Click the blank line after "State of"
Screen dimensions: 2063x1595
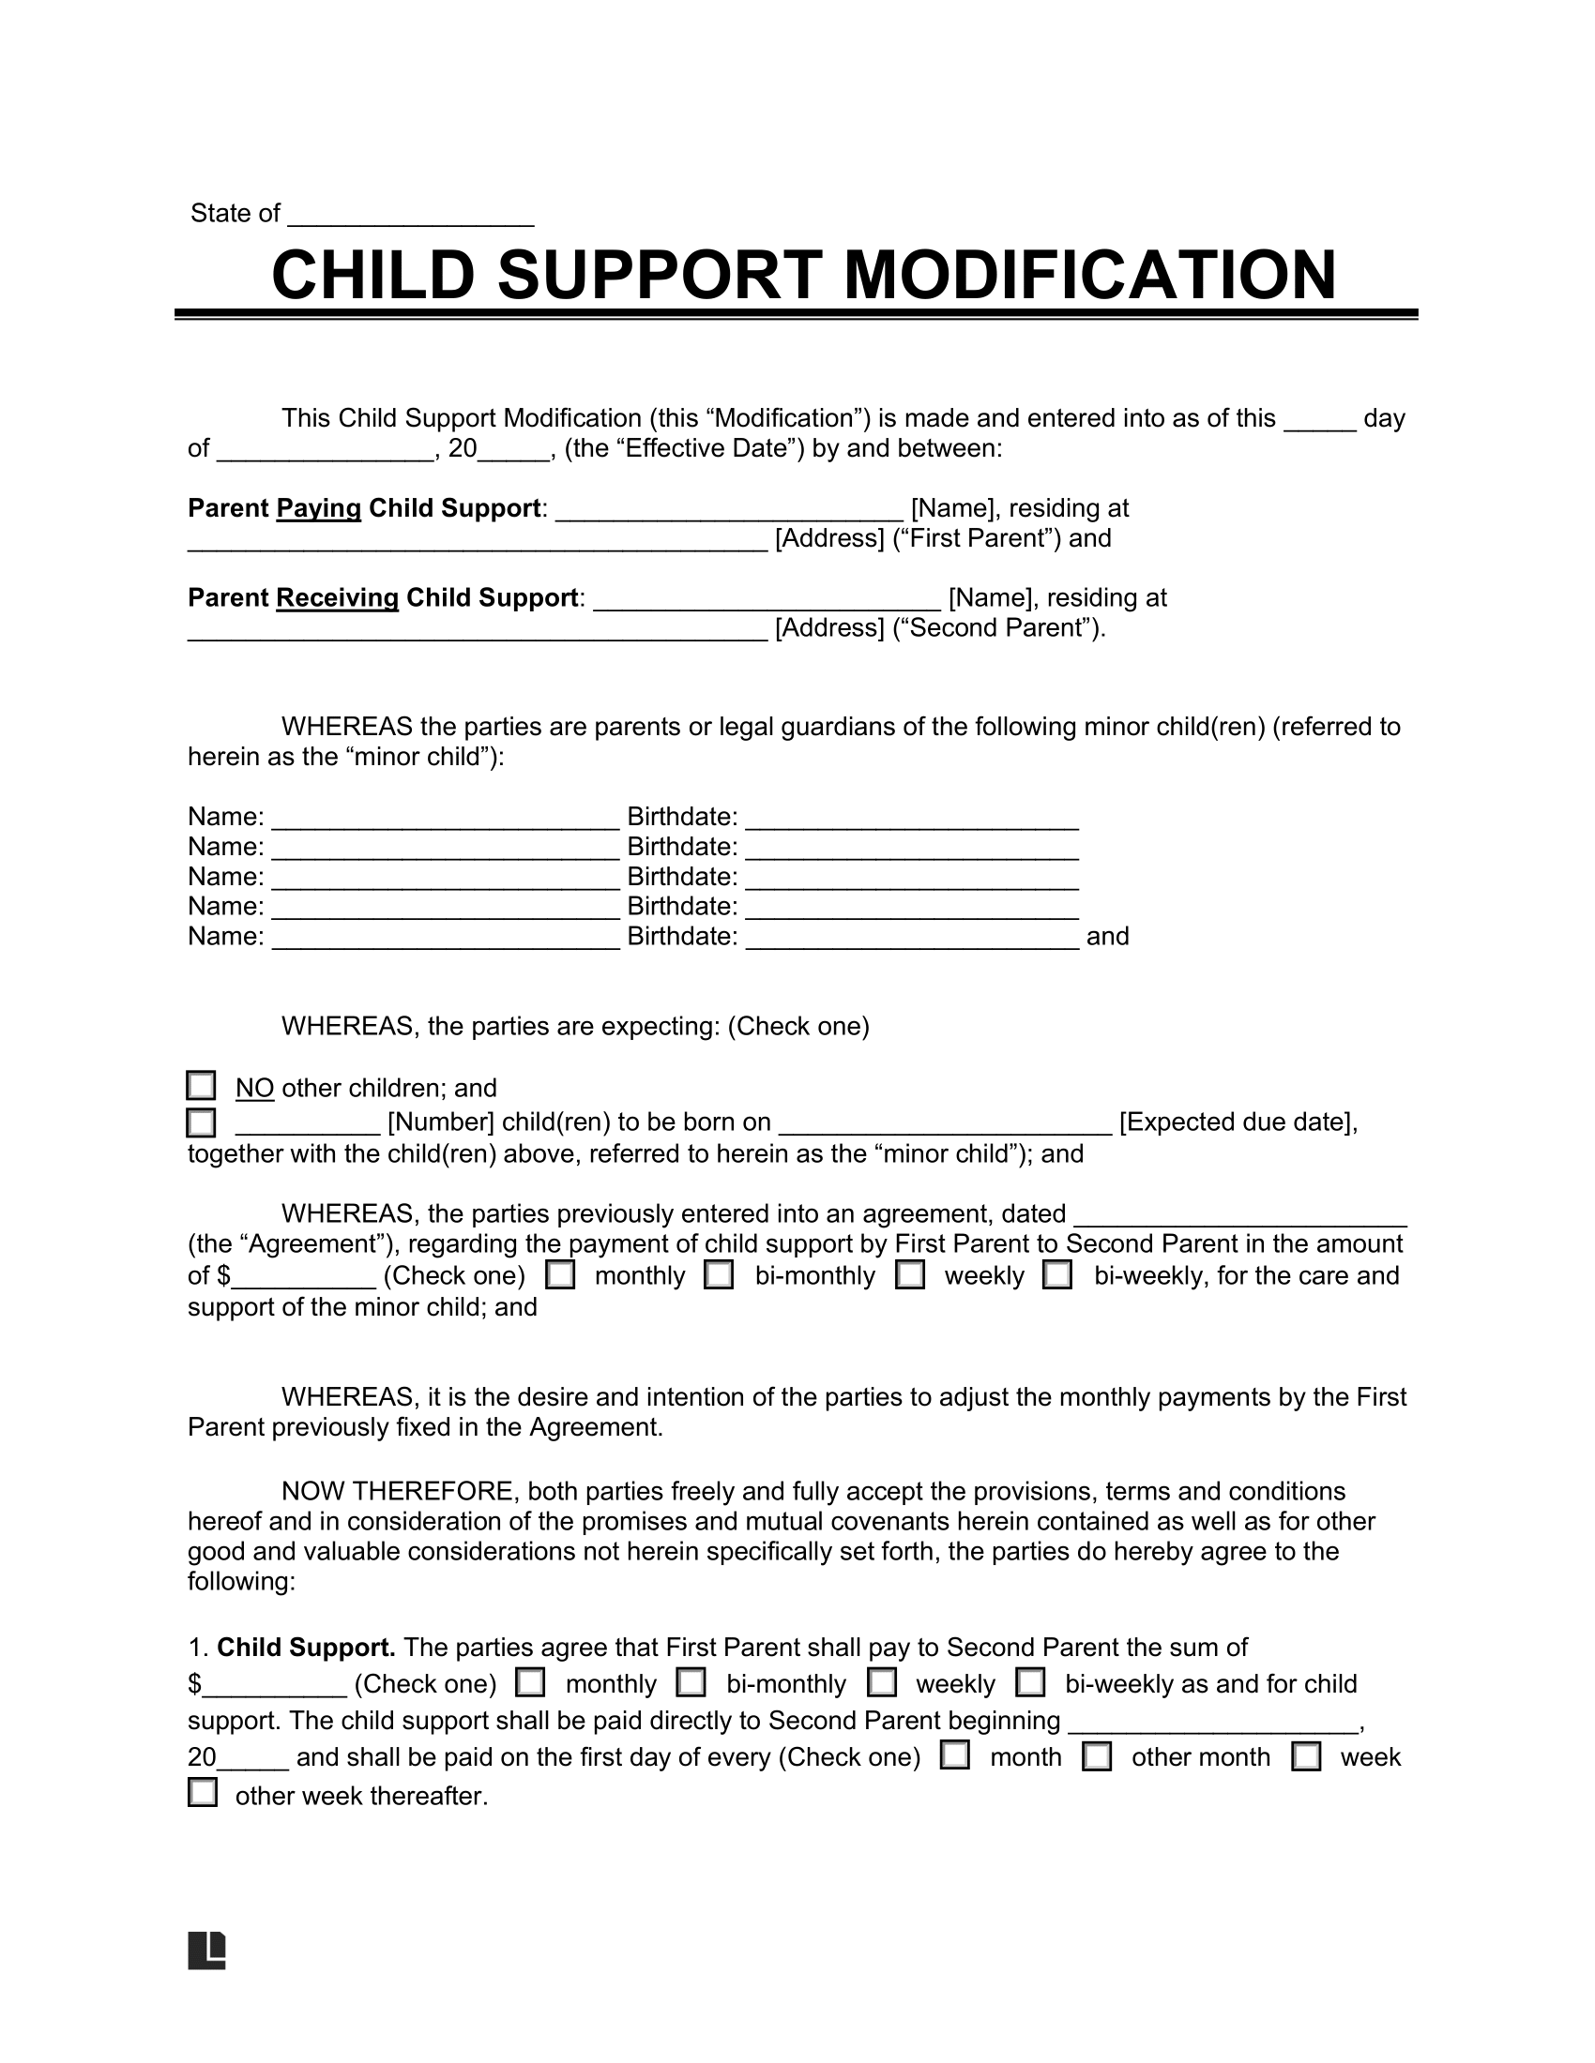tap(410, 216)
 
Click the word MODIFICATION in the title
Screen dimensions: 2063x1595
tap(1088, 275)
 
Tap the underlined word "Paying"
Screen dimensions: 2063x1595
tap(318, 508)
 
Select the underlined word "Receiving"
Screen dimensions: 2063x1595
tap(338, 598)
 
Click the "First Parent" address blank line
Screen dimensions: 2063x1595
tap(478, 540)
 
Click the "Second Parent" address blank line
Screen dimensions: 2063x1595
tap(478, 630)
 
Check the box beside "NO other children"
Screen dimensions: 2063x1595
tap(202, 1086)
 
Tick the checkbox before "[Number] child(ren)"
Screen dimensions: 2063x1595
tap(202, 1122)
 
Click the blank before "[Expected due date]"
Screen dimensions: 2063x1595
tap(945, 1124)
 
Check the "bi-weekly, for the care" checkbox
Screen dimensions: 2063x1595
tap(1057, 1275)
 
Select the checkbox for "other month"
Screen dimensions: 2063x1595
tap(1096, 1757)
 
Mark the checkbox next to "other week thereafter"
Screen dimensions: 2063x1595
tap(203, 1793)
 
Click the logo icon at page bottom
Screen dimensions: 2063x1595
tap(207, 1950)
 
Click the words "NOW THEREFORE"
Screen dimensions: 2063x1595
tap(397, 1492)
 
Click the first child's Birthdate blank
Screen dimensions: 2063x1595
tap(912, 818)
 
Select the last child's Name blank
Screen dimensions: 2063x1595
tap(445, 938)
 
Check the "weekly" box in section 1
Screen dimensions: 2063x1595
tap(883, 1683)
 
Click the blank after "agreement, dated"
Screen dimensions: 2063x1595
tap(1240, 1215)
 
